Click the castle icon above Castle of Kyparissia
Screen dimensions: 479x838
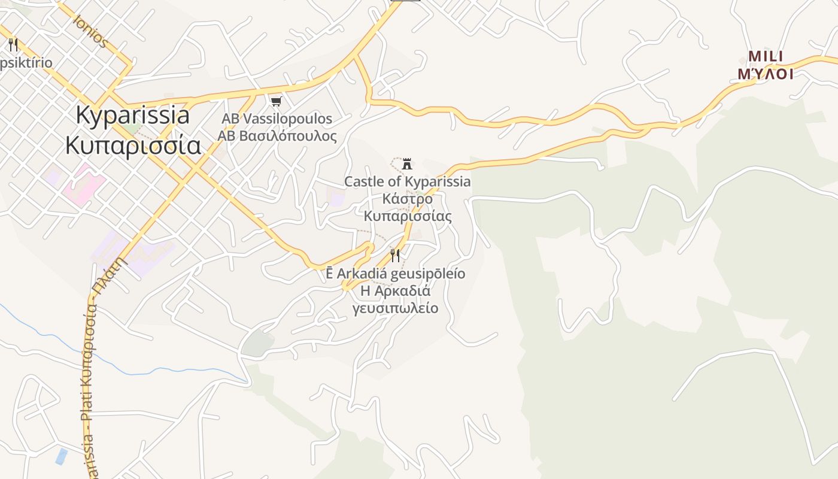coord(407,163)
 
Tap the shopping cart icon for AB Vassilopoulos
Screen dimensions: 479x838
coord(276,101)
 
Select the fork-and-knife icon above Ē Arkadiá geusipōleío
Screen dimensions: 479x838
coord(395,256)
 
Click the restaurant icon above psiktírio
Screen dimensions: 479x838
coord(13,44)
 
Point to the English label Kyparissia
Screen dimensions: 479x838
coord(133,115)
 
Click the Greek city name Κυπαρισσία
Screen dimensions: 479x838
coord(133,145)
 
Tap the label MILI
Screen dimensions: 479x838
coord(766,57)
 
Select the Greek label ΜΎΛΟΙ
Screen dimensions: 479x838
coord(766,74)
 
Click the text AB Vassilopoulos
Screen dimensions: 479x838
coord(277,119)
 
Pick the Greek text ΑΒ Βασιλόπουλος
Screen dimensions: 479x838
coord(277,136)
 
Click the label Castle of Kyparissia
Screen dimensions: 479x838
coord(407,181)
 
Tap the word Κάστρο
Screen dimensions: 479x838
coord(407,198)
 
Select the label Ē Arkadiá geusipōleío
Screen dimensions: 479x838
coord(395,274)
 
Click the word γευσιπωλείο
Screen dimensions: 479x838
coord(395,308)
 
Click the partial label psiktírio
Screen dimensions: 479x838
coord(26,63)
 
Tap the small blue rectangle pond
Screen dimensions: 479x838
coord(61,456)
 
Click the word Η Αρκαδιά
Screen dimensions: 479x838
coord(395,291)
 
